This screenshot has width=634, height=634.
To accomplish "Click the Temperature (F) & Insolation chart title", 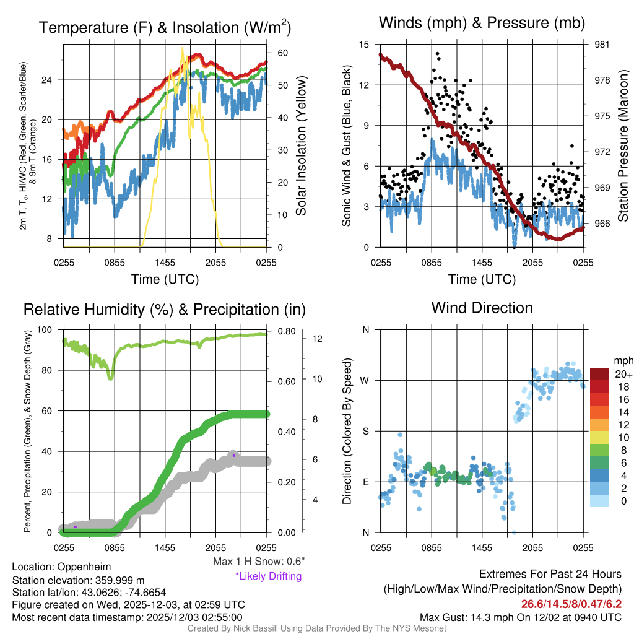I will tap(165, 27).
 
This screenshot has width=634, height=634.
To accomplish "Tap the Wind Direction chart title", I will tap(482, 308).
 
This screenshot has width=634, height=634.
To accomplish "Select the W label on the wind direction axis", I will tap(365, 380).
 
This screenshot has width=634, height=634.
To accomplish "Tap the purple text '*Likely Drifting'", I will tap(268, 576).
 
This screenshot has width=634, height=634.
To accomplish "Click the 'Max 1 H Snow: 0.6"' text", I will tap(258, 562).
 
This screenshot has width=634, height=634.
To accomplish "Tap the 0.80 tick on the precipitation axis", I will tap(285, 331).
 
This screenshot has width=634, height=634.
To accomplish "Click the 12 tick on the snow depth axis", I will tap(316, 339).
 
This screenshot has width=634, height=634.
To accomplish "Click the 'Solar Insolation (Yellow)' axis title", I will tap(302, 146).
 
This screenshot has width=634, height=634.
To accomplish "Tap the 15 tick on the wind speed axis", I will tap(364, 45).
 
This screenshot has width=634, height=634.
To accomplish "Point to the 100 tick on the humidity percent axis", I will tap(51, 330).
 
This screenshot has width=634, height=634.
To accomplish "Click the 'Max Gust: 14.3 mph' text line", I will tap(520, 617).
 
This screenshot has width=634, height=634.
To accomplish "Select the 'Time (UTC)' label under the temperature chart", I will tap(165, 279).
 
